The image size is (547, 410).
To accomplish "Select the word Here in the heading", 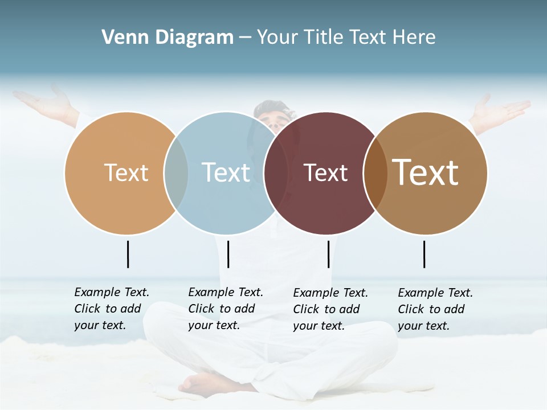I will pos(414,38).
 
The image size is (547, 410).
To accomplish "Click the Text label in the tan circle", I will pos(126,173).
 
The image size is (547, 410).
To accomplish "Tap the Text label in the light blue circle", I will pos(226,173).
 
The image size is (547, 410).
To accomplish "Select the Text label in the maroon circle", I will pos(325,173).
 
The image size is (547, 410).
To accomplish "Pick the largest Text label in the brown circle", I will pos(425,172).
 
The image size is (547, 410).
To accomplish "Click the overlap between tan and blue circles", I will pos(176,173).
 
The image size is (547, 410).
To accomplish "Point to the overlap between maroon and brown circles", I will pos(374,173).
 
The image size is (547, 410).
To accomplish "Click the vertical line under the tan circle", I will pos(128,254).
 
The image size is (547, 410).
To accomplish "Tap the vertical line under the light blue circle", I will pos(228,254).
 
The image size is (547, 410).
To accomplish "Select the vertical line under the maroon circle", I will pos(328,254).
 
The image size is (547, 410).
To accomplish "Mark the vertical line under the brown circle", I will pos(424,254).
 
